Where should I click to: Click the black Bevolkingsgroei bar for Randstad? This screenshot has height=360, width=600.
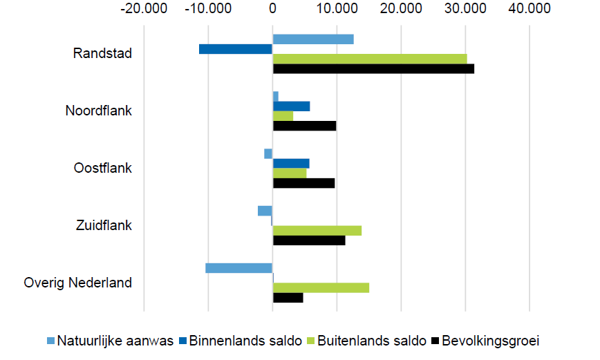tap(373, 68)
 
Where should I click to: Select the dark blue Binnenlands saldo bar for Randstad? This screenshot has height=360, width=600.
tap(236, 49)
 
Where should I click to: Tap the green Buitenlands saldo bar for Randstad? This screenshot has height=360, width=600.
tap(370, 59)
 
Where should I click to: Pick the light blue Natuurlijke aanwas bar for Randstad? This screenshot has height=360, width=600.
tap(313, 39)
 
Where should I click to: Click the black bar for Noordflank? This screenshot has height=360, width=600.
tap(305, 126)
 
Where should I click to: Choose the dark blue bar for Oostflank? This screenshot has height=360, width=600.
tap(291, 163)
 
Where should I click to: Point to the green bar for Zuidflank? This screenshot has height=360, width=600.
tap(317, 230)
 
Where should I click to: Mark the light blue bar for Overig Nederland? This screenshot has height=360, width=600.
tap(239, 268)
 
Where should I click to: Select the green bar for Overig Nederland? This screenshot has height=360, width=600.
tap(321, 287)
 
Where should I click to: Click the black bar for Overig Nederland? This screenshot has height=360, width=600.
tap(288, 298)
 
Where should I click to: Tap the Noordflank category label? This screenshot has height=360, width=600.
tap(99, 111)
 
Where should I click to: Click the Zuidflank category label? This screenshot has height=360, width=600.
tap(104, 225)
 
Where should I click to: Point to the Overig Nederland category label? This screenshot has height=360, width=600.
tap(78, 283)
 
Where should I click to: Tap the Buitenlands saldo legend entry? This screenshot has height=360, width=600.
tap(365, 341)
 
